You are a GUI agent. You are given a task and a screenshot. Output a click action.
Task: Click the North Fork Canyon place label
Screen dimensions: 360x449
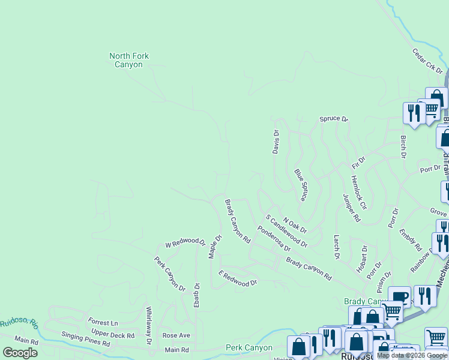pos(129,60)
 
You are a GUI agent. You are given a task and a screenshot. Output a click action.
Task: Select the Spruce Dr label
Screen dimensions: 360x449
pos(334,119)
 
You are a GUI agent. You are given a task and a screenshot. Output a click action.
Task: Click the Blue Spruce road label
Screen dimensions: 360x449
pos(301,185)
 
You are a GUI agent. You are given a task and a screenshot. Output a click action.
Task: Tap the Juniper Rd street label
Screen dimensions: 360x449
pos(351,208)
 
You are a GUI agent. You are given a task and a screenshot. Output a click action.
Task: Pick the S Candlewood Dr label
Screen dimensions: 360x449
pos(286,232)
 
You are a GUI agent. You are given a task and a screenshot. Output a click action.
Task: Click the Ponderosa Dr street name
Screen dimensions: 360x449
pos(274,239)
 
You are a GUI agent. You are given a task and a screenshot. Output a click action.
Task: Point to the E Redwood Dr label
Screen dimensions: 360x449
pos(238,278)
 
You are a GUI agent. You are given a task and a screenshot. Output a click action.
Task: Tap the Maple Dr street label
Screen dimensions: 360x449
pos(215,247)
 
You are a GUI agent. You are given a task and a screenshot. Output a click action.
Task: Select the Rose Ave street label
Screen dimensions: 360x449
pos(176,335)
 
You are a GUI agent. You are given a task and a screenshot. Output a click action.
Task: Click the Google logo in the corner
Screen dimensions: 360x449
pos(20,353)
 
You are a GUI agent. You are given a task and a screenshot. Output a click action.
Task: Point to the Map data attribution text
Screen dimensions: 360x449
pos(412,355)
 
